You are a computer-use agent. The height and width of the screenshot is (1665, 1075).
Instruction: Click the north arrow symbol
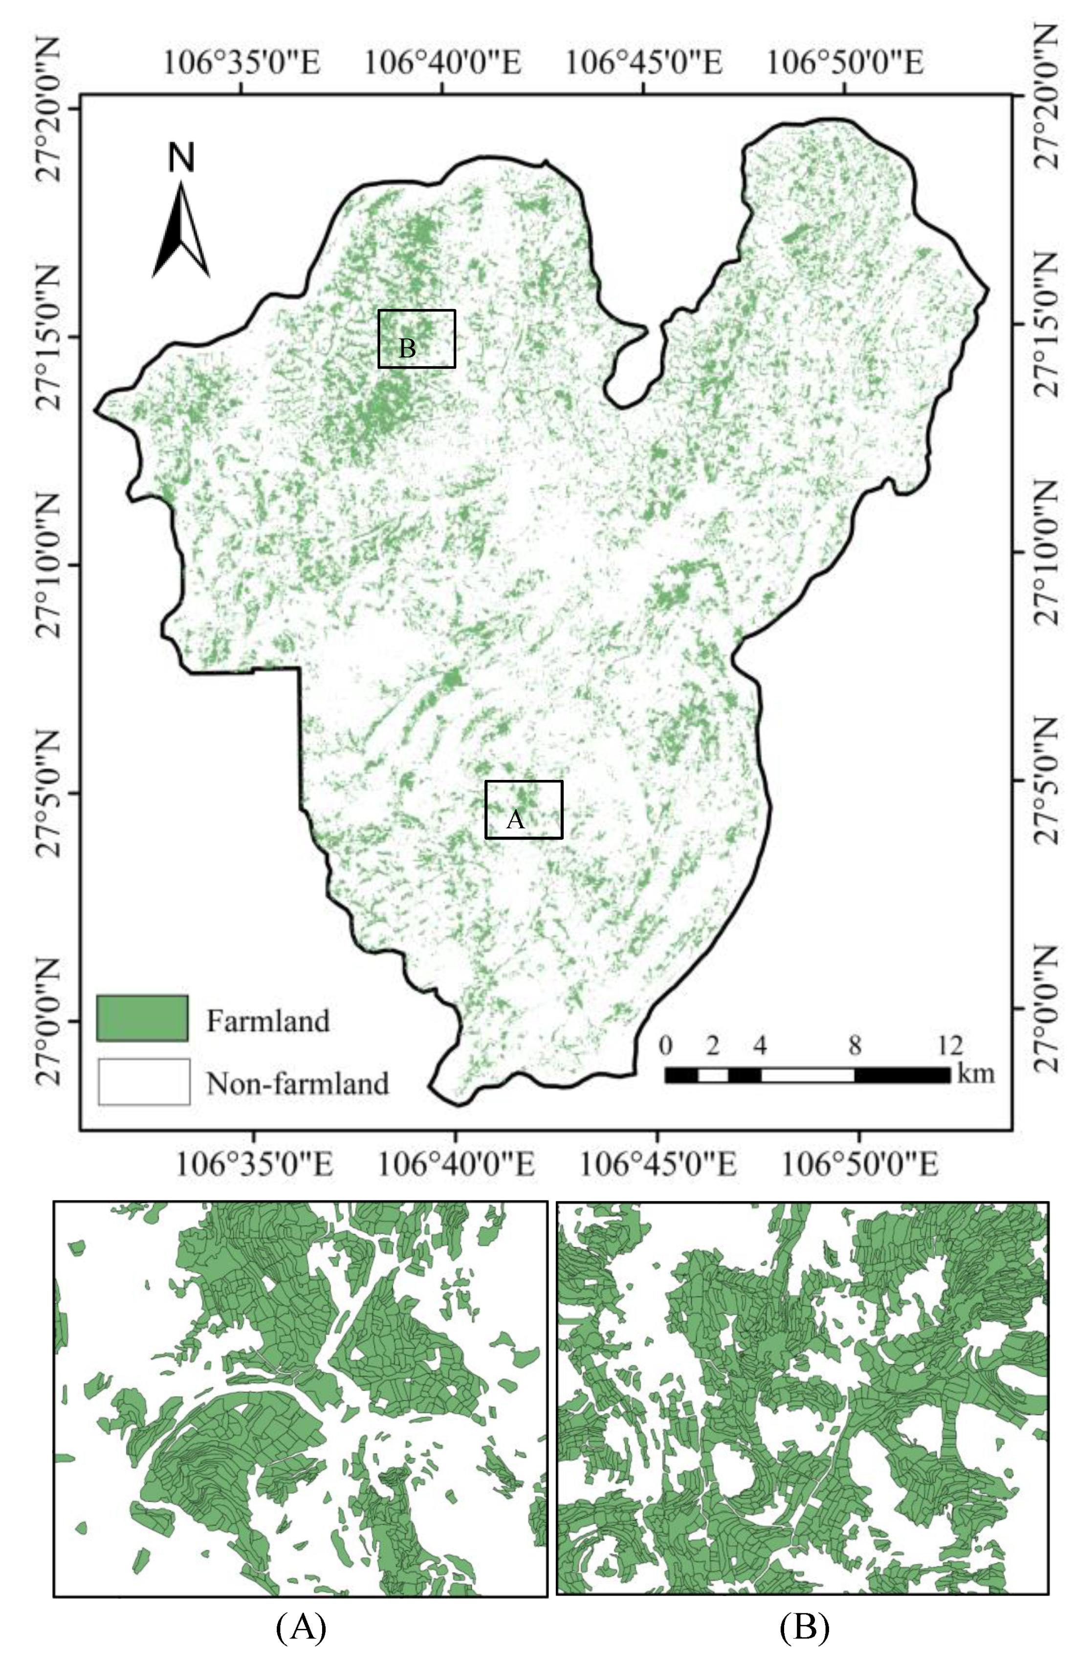(181, 230)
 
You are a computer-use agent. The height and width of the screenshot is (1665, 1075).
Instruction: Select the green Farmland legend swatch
(142, 1019)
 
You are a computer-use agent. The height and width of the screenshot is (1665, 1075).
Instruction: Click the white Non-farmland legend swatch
(144, 1082)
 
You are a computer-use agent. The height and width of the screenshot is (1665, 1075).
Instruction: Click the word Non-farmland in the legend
(297, 1084)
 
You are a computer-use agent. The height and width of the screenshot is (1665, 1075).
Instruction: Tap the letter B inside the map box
(407, 348)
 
